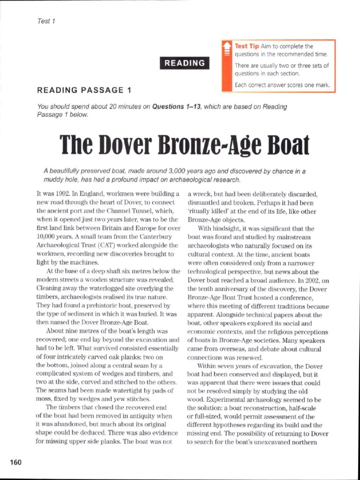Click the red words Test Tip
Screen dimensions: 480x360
pyautogui.click(x=247, y=46)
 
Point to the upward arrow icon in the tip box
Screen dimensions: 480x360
pyautogui.click(x=227, y=48)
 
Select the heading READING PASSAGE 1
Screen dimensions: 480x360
pyautogui.click(x=85, y=90)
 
